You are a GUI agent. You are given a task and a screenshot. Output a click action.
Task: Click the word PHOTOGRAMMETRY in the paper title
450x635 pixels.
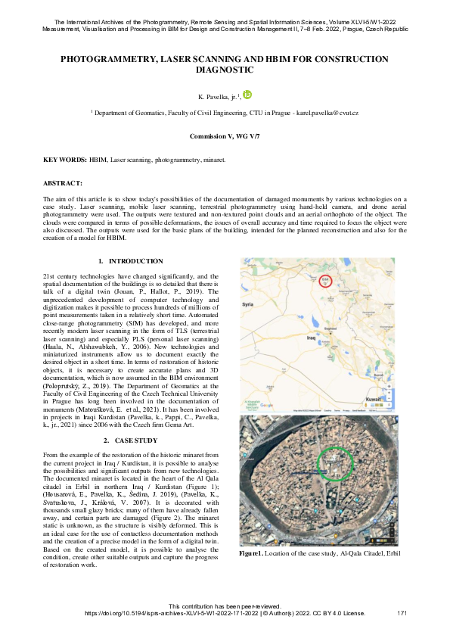click(110, 59)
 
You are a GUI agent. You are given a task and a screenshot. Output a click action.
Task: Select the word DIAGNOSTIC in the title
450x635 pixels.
click(225, 70)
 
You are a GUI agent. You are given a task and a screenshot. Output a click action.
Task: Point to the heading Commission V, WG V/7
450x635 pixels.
click(225, 137)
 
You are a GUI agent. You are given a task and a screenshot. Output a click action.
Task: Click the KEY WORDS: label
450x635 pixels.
click(64, 160)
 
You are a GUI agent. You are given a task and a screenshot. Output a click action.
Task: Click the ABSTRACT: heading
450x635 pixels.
click(63, 183)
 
